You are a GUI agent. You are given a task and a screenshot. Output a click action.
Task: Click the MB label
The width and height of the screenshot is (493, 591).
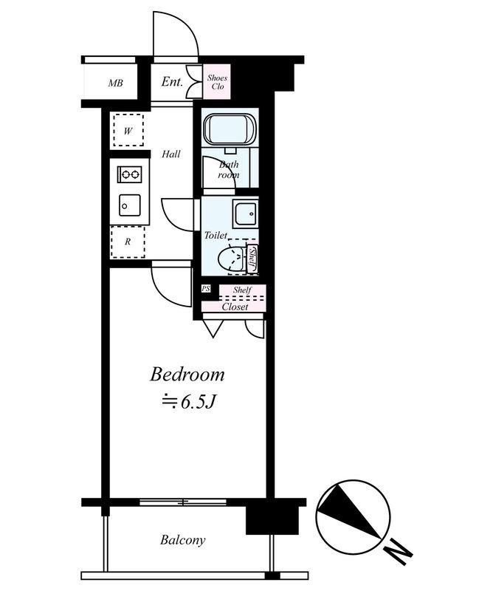tap(115, 83)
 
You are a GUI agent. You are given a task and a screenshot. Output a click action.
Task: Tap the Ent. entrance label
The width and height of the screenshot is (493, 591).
tap(172, 82)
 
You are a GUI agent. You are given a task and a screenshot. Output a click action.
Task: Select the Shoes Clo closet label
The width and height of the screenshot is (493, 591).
tap(217, 81)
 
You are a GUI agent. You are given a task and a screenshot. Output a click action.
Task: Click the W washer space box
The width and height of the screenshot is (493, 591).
tap(128, 131)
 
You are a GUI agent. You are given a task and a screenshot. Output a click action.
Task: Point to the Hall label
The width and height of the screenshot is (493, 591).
tap(171, 154)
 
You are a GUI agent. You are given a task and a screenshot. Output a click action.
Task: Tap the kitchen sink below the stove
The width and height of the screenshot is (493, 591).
tap(129, 203)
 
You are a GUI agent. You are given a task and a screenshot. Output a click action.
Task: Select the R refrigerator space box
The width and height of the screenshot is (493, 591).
tap(128, 241)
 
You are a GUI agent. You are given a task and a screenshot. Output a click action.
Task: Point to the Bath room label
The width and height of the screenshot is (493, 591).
tap(228, 170)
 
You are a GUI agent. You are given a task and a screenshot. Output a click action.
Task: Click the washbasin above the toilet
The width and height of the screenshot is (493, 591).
tap(245, 213)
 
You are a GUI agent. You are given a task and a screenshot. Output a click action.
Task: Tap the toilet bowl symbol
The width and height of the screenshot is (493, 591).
tap(232, 260)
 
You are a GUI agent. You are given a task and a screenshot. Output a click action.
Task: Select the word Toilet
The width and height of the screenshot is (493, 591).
tap(216, 235)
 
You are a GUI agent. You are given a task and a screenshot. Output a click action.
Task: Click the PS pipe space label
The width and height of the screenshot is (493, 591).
tap(206, 289)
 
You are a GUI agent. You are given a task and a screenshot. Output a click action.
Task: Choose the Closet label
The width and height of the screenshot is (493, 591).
tap(235, 307)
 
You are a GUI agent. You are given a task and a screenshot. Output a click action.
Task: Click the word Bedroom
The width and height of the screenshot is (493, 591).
tap(187, 375)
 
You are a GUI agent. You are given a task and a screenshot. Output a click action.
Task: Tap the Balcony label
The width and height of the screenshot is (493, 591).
tap(183, 540)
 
